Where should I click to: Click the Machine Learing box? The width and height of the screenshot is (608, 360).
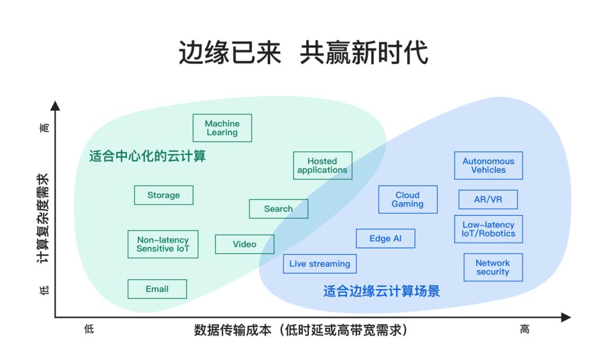(x=222, y=128)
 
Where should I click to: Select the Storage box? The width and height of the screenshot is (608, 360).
(x=164, y=195)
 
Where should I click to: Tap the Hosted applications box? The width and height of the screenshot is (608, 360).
(x=323, y=165)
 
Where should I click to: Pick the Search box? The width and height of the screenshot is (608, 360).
(x=278, y=209)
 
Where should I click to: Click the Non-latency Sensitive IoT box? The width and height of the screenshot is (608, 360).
(x=163, y=244)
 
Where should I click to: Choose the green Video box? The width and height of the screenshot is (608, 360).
(x=244, y=244)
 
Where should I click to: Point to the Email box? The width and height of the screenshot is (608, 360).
(x=157, y=289)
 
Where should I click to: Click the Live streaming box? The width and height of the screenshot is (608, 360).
(x=320, y=264)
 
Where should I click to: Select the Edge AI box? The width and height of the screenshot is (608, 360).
(x=386, y=238)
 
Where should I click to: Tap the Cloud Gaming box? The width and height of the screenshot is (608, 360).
(x=408, y=200)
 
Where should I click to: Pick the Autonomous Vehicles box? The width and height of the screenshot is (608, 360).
(x=488, y=165)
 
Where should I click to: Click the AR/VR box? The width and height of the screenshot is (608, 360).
(x=488, y=200)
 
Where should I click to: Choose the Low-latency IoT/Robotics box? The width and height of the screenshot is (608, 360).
(x=488, y=229)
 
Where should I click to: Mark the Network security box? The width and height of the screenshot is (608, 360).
(x=493, y=267)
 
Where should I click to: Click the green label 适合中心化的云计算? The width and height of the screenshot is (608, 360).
(x=147, y=156)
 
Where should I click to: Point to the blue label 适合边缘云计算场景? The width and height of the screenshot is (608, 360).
(x=382, y=291)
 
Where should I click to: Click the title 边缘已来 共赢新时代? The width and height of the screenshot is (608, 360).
(x=303, y=53)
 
